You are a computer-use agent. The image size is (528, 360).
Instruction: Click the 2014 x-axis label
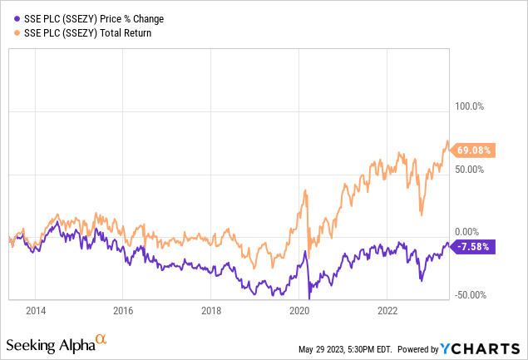(35, 311)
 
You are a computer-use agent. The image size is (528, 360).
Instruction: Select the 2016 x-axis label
(123, 311)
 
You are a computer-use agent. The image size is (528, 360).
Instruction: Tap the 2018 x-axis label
(211, 311)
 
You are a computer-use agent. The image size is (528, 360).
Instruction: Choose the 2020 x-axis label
(299, 311)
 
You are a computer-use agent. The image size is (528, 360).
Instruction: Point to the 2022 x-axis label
(387, 311)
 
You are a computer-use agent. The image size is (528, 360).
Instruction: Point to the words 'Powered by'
(431, 346)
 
